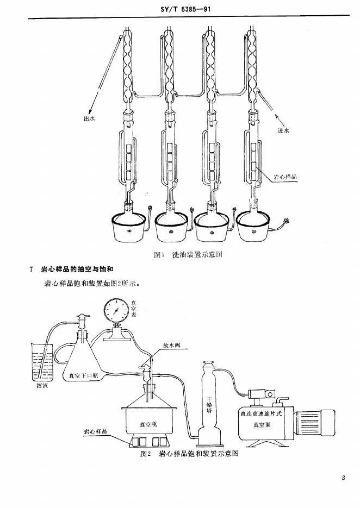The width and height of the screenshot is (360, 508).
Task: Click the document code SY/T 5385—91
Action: click(185, 9)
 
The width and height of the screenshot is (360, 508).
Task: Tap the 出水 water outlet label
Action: click(89, 118)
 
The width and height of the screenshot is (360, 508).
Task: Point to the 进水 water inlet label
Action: click(283, 130)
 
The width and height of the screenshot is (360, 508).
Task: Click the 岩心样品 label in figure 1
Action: click(285, 177)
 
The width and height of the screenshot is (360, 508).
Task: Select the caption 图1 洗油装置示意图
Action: click(188, 255)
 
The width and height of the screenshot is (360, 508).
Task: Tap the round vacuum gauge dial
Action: click(116, 311)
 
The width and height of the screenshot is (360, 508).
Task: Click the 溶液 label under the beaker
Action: click(42, 386)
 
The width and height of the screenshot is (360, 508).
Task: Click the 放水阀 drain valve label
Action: click(171, 346)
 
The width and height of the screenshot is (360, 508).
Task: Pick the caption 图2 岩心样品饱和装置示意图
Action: click(189, 454)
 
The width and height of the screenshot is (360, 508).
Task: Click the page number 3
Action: click(343, 478)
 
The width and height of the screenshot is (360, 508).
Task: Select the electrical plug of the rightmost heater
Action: click(287, 221)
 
